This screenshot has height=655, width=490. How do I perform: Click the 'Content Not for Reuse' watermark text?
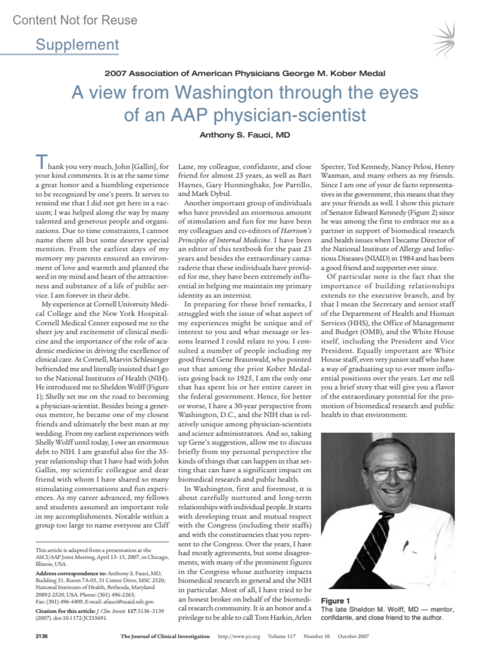(75, 20)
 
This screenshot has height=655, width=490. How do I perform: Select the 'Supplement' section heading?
(77, 44)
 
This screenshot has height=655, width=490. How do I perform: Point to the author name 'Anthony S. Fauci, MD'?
(245, 135)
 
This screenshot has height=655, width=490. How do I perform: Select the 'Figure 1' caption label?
(335, 601)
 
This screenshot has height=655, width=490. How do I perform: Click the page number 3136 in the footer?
(42, 636)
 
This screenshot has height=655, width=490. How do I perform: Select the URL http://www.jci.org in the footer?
(239, 636)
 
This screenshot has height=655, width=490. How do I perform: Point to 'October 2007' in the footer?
(353, 636)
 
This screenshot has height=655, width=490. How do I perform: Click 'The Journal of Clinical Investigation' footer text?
(165, 636)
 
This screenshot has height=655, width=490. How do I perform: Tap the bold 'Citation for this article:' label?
(65, 611)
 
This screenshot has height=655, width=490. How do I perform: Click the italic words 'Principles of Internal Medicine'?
(224, 240)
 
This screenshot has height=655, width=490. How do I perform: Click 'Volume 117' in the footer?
(282, 636)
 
